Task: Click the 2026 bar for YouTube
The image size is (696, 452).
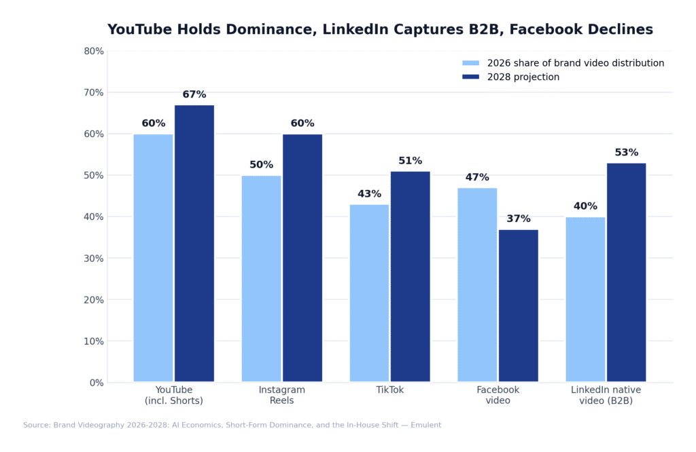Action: (x=153, y=258)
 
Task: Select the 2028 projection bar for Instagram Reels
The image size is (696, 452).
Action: (x=302, y=258)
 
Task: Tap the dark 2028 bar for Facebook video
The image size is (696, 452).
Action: (x=518, y=305)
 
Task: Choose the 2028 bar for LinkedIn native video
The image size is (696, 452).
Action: (x=626, y=272)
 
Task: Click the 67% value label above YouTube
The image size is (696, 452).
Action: (x=194, y=95)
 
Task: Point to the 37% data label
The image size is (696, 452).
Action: (x=519, y=219)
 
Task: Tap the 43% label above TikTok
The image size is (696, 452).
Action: (x=369, y=194)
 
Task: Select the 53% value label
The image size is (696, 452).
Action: (x=627, y=153)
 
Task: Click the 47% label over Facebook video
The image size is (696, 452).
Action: (x=477, y=178)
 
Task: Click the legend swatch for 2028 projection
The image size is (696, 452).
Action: (x=470, y=77)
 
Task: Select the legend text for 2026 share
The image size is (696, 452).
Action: (x=576, y=63)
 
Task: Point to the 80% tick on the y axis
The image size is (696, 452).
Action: (x=94, y=51)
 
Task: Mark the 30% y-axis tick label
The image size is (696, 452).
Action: (x=94, y=259)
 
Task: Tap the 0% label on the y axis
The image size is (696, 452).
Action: (x=97, y=383)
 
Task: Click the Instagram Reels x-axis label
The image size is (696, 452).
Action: (x=282, y=396)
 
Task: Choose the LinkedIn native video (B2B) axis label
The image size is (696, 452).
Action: (x=606, y=396)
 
